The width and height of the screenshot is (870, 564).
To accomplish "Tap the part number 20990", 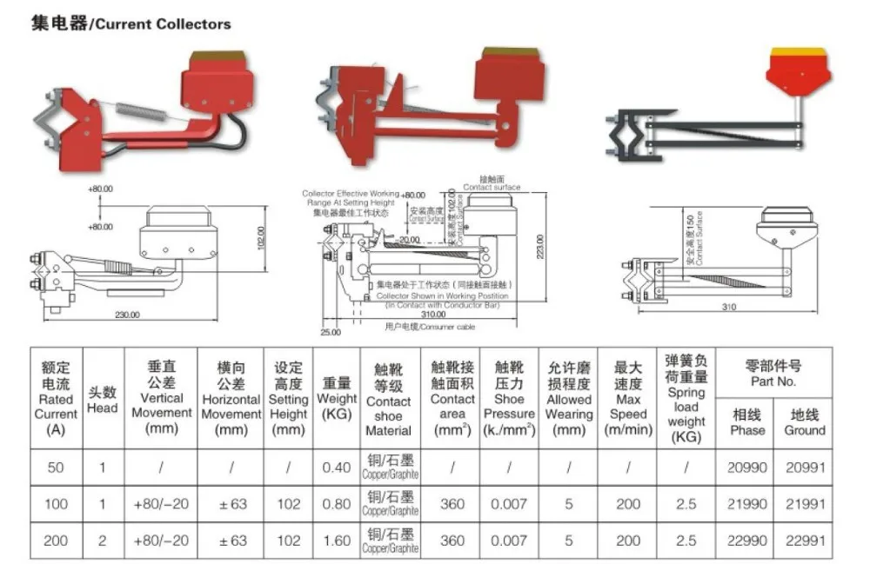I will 747,468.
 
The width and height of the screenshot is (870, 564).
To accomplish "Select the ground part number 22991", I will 804,541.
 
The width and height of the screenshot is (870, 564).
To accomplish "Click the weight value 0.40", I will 337,468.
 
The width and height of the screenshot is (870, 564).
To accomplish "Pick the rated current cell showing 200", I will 56,541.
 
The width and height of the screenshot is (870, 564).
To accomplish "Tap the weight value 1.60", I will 337,541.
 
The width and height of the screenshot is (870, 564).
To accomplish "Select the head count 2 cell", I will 102,541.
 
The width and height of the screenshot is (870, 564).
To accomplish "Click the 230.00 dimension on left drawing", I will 127,315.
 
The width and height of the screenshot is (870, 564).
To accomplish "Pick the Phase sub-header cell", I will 747,422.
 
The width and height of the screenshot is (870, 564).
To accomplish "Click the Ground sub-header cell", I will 804,422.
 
